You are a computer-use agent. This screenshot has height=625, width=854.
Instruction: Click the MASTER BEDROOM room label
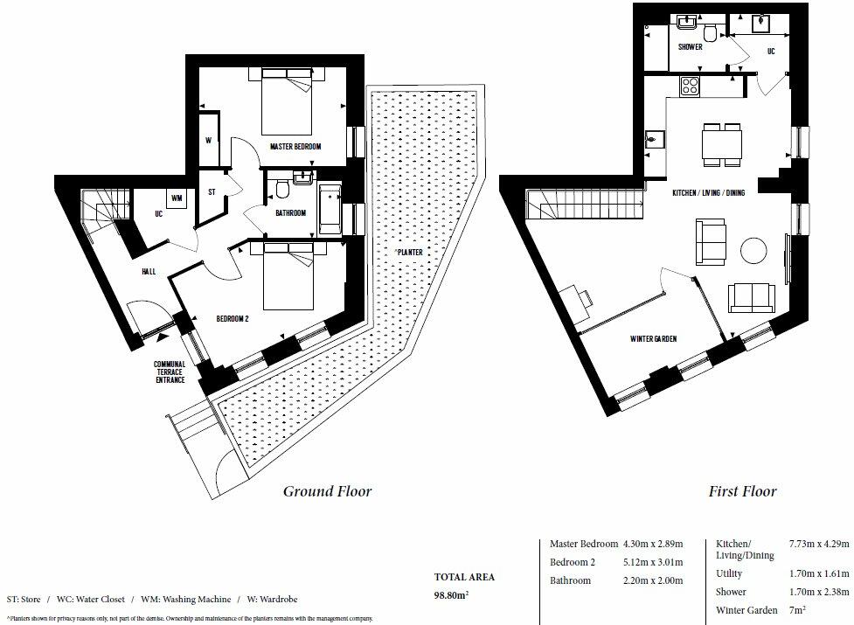click(295, 147)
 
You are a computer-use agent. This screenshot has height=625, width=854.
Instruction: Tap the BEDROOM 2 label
click(233, 319)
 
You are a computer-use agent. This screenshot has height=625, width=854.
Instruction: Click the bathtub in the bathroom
click(330, 209)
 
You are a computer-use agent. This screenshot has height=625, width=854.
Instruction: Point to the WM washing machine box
click(177, 198)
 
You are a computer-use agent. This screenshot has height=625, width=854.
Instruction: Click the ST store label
click(212, 191)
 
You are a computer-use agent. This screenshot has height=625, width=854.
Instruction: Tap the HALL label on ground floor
click(149, 272)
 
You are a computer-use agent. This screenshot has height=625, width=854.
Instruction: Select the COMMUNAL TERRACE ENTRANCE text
click(170, 372)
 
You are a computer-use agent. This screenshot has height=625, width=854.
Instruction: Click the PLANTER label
click(408, 252)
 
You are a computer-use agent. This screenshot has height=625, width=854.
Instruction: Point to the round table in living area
click(754, 252)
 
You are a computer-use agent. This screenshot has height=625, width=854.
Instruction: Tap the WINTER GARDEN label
click(653, 338)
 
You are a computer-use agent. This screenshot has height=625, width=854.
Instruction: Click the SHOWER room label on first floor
click(691, 47)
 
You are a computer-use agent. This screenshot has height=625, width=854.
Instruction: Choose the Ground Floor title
click(327, 491)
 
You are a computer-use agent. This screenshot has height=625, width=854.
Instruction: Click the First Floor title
click(742, 491)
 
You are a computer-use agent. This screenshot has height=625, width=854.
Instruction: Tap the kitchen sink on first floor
click(653, 138)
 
